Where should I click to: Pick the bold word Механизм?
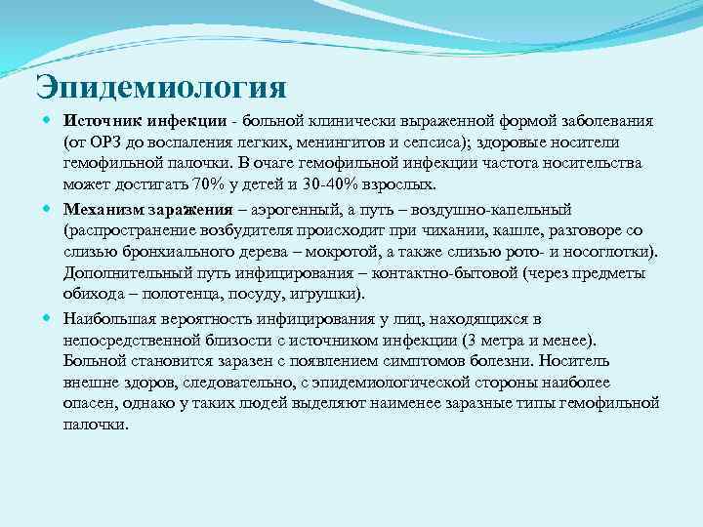click(105, 209)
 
